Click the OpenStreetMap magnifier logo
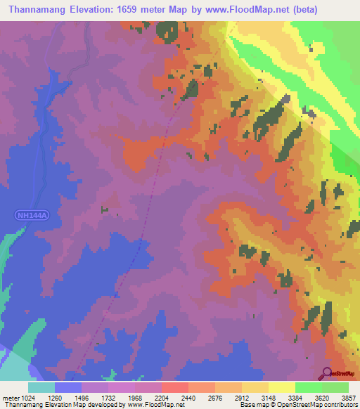pos(326,372)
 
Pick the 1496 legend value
pos(91,398)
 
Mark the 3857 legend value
pos(348,398)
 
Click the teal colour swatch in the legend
pos(41,387)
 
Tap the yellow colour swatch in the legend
pos(281,387)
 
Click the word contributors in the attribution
pos(340,405)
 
